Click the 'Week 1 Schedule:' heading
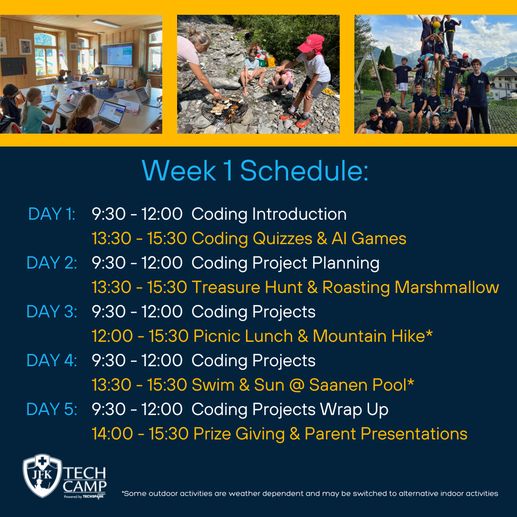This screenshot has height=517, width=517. (x=255, y=171)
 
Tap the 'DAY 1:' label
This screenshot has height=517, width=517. (x=52, y=214)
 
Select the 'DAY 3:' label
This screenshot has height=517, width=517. (x=52, y=312)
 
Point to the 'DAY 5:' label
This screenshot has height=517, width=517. (x=52, y=409)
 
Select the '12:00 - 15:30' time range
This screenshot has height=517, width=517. (x=140, y=336)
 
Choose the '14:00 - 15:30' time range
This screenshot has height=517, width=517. (x=140, y=434)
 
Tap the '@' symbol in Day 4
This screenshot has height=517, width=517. (x=297, y=385)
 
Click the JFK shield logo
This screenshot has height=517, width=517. (x=42, y=476)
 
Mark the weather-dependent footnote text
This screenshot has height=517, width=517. (x=310, y=494)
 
